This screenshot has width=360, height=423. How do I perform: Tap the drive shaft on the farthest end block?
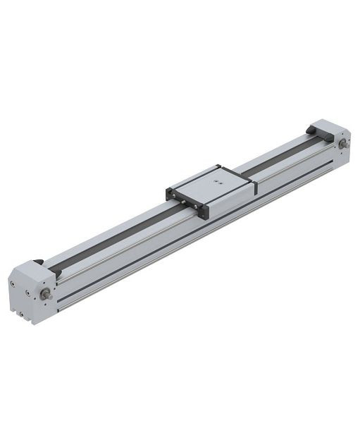[342, 145]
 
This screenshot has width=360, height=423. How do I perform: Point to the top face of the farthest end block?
[328, 127]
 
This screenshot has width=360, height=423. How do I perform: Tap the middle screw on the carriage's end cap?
[187, 203]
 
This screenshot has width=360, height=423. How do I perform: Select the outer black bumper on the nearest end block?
[38, 262]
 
